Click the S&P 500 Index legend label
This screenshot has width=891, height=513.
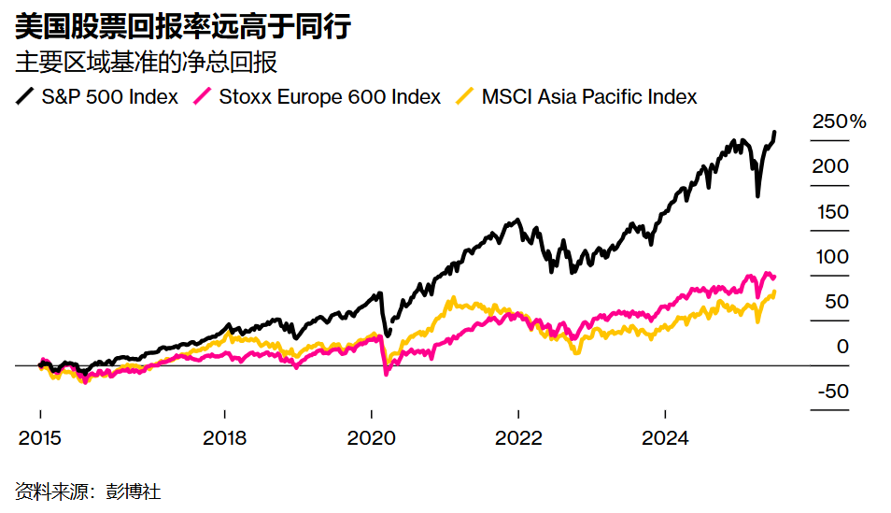coord(109,96)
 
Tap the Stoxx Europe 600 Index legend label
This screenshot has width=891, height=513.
coord(329,96)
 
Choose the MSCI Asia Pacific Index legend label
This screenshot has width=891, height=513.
coord(589,96)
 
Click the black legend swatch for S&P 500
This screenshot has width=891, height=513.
coord(26,96)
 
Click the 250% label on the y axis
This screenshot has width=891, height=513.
coord(839,121)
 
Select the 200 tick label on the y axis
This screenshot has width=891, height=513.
coord(830,166)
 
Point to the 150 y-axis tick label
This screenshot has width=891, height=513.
coord(830,211)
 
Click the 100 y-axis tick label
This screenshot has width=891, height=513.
coord(830,256)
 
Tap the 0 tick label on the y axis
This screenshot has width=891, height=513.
coord(842,346)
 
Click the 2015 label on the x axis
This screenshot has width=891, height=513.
coord(40,438)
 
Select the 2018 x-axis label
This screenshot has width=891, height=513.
coord(224,438)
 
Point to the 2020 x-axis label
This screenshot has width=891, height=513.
coord(371,438)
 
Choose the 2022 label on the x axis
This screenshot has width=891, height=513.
coord(517,438)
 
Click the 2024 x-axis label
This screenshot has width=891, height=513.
coord(664,438)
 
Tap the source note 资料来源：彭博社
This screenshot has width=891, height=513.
coord(81,491)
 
